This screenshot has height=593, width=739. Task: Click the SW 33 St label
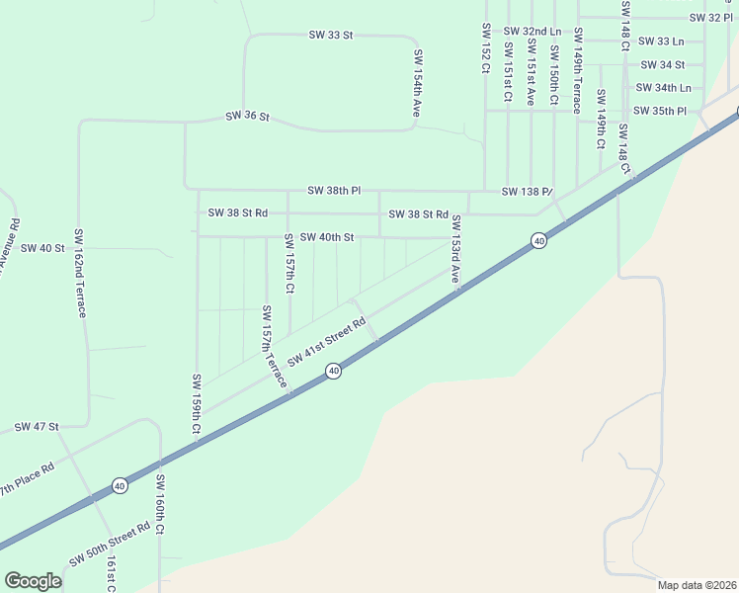[331, 35]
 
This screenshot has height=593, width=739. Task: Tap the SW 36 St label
[247, 116]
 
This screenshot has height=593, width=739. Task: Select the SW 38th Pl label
[334, 190]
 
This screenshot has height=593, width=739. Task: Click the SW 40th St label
[326, 237]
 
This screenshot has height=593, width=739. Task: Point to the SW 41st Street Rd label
[327, 340]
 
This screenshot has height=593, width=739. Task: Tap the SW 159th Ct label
[197, 404]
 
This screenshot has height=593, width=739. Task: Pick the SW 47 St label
[37, 427]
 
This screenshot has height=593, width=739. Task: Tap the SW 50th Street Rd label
[110, 543]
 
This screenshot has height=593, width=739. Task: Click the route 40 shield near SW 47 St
[120, 485]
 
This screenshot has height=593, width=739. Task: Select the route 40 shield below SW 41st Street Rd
[334, 371]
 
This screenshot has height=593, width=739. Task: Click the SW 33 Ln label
[661, 42]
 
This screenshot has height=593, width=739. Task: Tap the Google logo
[33, 580]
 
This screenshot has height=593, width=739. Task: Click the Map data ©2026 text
[697, 585]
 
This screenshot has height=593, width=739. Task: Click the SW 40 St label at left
[41, 248]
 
